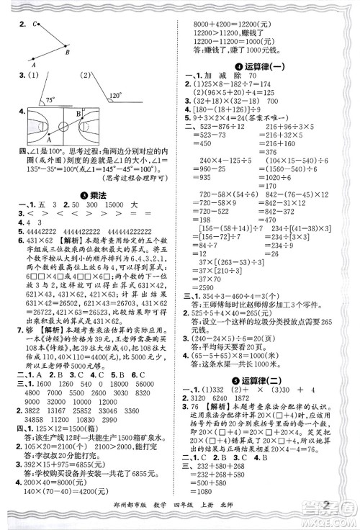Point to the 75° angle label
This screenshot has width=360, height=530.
[x=50, y=99]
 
